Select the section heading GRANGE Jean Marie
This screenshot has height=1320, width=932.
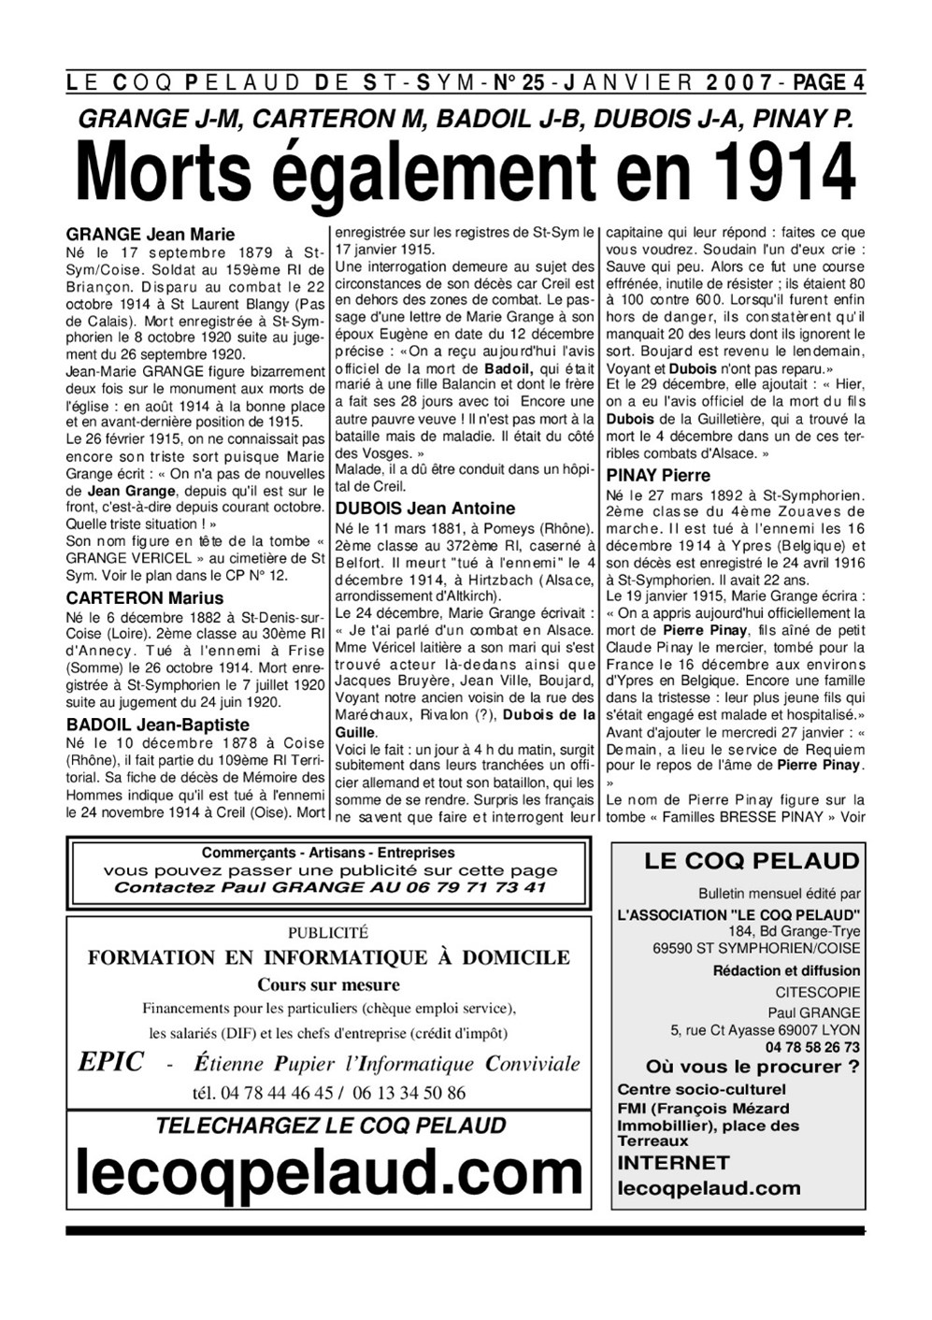point(151,235)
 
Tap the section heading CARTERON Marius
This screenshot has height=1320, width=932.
point(145,598)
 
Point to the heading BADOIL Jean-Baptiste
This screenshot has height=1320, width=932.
point(158,725)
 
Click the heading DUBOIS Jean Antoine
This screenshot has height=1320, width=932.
point(425,509)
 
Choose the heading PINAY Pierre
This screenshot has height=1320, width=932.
point(658,475)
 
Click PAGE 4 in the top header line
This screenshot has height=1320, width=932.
point(828,83)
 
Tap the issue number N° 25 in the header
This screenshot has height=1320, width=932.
point(520,83)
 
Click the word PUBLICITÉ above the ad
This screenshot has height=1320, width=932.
point(328,932)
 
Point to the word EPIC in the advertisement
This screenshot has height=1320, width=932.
point(111,1063)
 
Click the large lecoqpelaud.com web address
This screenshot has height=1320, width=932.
point(329,1173)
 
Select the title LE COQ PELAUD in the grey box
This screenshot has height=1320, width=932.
point(752,862)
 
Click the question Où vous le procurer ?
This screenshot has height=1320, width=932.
point(753,1068)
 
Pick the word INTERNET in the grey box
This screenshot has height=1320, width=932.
point(673,1163)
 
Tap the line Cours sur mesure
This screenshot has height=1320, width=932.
point(328,984)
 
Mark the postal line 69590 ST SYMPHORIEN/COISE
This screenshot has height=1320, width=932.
point(757,948)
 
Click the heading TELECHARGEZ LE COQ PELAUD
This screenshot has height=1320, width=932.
point(331,1126)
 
